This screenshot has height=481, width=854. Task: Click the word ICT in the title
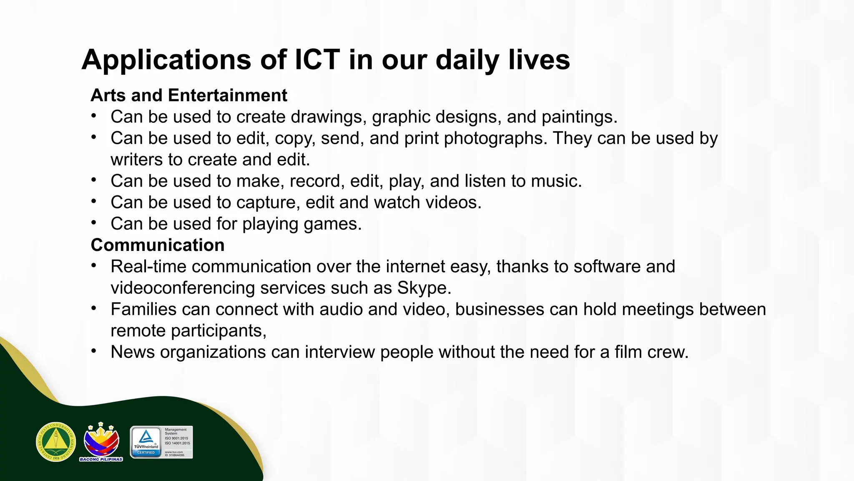[317, 60]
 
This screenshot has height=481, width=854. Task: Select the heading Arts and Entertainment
[189, 96]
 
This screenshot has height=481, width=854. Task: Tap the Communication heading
[158, 245]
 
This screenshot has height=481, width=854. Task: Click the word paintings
[579, 117]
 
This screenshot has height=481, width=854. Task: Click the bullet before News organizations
[94, 351]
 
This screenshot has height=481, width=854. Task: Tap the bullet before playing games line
[94, 223]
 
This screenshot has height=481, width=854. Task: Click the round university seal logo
[56, 442]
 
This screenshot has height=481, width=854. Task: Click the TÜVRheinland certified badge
[161, 442]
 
